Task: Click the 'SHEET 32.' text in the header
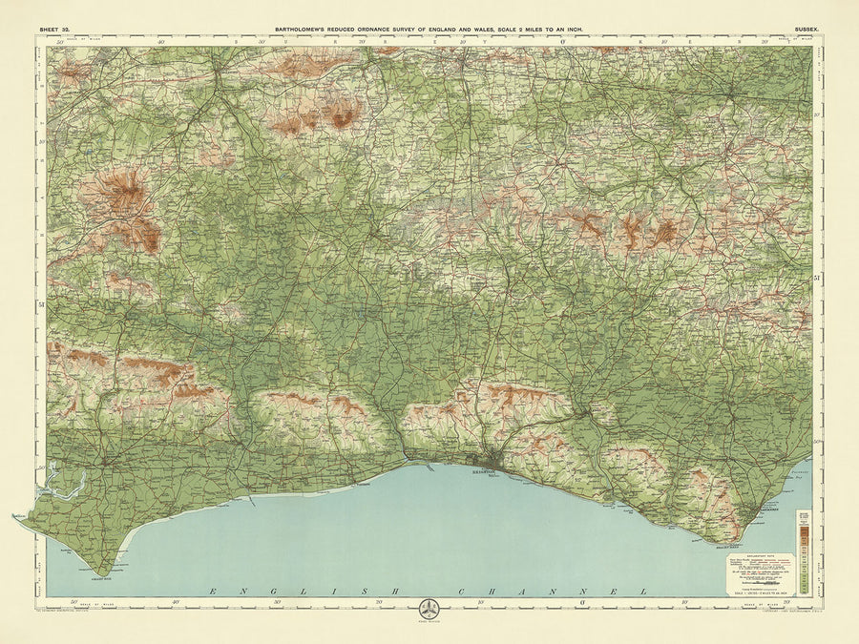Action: (x=53, y=31)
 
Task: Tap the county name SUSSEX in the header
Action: (x=807, y=31)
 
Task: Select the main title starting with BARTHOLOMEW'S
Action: (x=429, y=30)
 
